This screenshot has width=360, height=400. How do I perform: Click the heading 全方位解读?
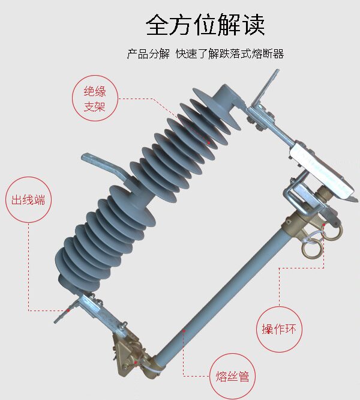[x=205, y=25]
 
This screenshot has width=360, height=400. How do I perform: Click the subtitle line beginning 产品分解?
[x=205, y=54]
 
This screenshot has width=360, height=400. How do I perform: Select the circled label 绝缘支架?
[x=95, y=98]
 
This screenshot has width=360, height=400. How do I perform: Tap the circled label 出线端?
[x=28, y=200]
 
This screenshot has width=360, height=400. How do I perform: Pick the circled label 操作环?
[x=279, y=329]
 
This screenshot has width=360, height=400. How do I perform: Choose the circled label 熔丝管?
[x=232, y=377]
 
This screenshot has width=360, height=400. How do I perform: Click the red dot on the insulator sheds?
[x=209, y=143]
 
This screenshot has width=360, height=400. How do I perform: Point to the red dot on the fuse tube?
[x=184, y=330]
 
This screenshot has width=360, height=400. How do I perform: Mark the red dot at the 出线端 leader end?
[x=68, y=310]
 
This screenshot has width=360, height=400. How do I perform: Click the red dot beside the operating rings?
[x=324, y=225]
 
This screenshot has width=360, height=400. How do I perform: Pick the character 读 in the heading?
[x=254, y=25]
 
